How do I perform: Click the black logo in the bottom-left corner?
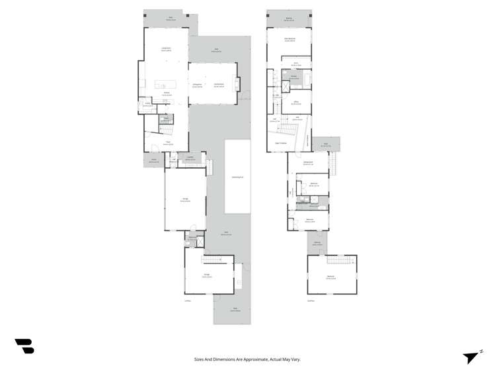point(24,346)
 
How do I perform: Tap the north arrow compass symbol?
point(472,357)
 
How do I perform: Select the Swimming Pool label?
point(237,177)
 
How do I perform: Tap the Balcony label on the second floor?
point(288,19)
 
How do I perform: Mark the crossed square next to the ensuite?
point(286,86)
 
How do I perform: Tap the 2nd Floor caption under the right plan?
point(311,301)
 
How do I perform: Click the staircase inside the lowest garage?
point(215,258)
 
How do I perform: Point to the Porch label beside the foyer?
point(153,160)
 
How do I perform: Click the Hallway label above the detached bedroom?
point(317,243)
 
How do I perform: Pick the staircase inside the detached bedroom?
point(340,259)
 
